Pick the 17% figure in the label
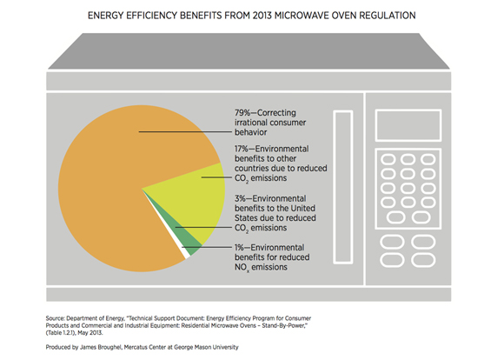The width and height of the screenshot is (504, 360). (242, 149)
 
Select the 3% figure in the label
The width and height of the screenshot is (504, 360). (240, 198)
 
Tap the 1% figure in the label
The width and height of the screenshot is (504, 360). (239, 248)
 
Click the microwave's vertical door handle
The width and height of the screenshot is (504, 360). (343, 187)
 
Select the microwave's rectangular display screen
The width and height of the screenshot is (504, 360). (408, 125)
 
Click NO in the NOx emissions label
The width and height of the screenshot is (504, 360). (241, 267)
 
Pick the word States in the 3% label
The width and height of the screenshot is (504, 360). (244, 218)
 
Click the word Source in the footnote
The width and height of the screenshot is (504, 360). (55, 318)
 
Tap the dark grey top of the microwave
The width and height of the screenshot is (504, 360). (249, 50)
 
